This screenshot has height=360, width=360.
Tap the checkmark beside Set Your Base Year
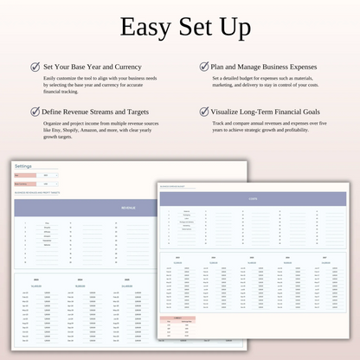35,66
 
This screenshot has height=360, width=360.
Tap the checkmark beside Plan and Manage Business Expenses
204,66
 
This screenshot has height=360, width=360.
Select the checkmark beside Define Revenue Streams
35,112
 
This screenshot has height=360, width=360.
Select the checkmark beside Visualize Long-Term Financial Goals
204,112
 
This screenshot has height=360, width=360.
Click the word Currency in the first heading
125,66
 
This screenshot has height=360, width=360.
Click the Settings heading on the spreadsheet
23,165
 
